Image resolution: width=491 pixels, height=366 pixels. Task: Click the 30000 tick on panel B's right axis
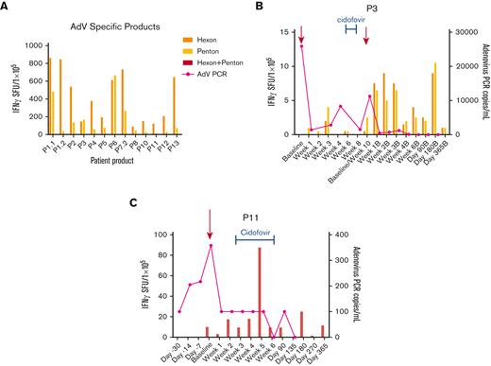coord(459,32)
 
